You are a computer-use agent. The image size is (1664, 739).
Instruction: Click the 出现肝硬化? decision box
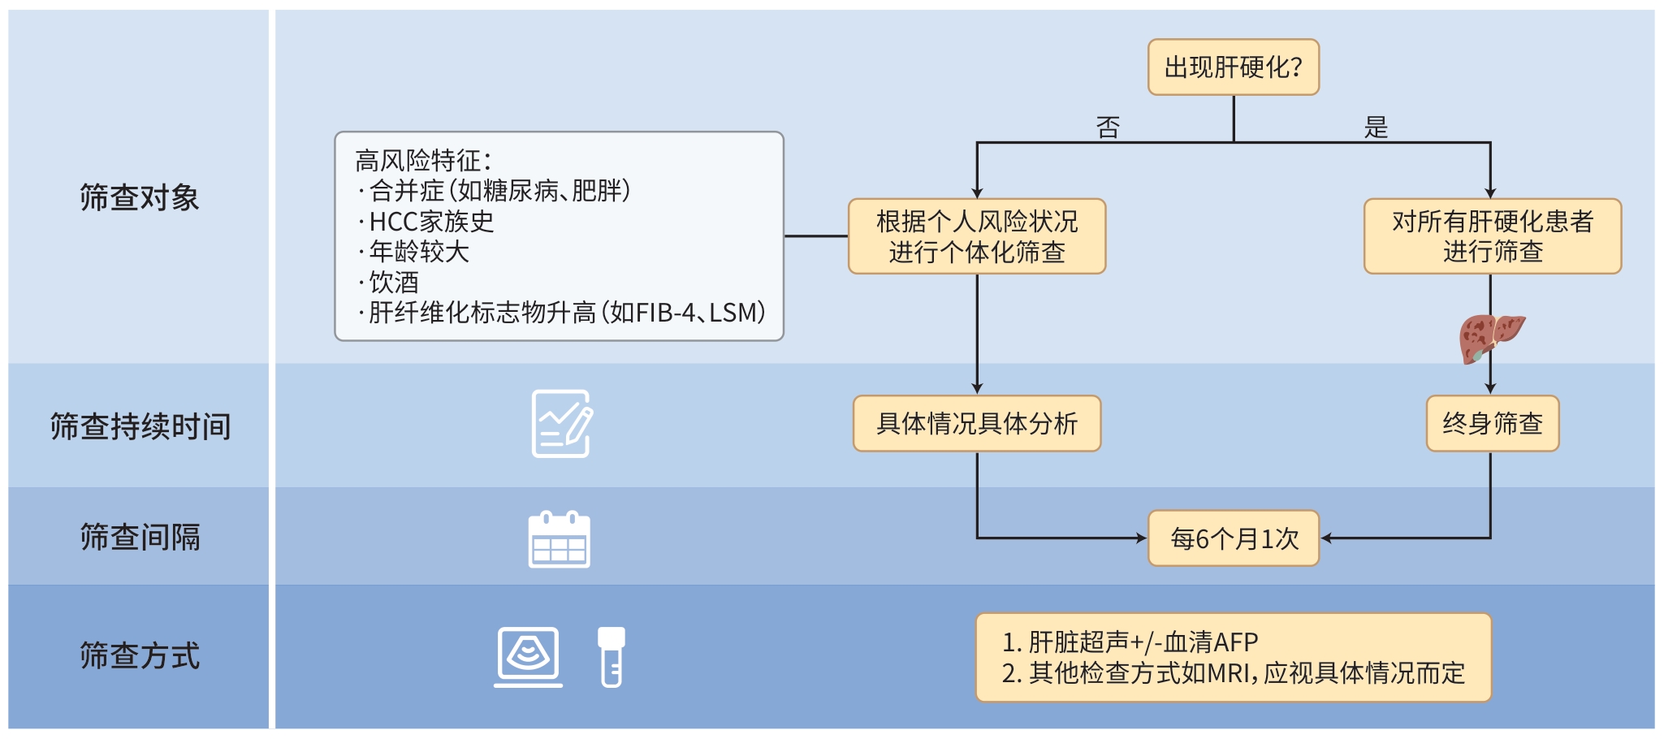[1233, 67]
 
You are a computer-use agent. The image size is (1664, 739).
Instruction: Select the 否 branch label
[1108, 127]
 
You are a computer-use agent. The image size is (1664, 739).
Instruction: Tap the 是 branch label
[1376, 127]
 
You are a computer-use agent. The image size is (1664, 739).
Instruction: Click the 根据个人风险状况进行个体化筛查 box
[976, 236]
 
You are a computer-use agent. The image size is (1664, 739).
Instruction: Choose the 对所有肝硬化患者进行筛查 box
[1492, 236]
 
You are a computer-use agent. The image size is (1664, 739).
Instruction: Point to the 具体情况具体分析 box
[976, 423]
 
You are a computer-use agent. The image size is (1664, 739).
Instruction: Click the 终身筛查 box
[1492, 423]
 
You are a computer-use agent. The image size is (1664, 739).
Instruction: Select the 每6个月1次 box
[1233, 538]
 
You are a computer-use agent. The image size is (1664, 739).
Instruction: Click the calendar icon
[559, 539]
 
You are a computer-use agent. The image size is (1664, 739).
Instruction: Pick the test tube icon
[612, 657]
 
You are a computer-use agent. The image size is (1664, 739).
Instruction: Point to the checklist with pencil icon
[561, 424]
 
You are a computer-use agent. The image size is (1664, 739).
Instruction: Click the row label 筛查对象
[139, 197]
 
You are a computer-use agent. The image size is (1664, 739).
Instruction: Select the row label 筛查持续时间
[140, 426]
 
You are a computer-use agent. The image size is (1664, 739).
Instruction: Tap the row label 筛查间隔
[140, 538]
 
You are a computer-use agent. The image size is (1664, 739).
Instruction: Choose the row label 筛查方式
[140, 656]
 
